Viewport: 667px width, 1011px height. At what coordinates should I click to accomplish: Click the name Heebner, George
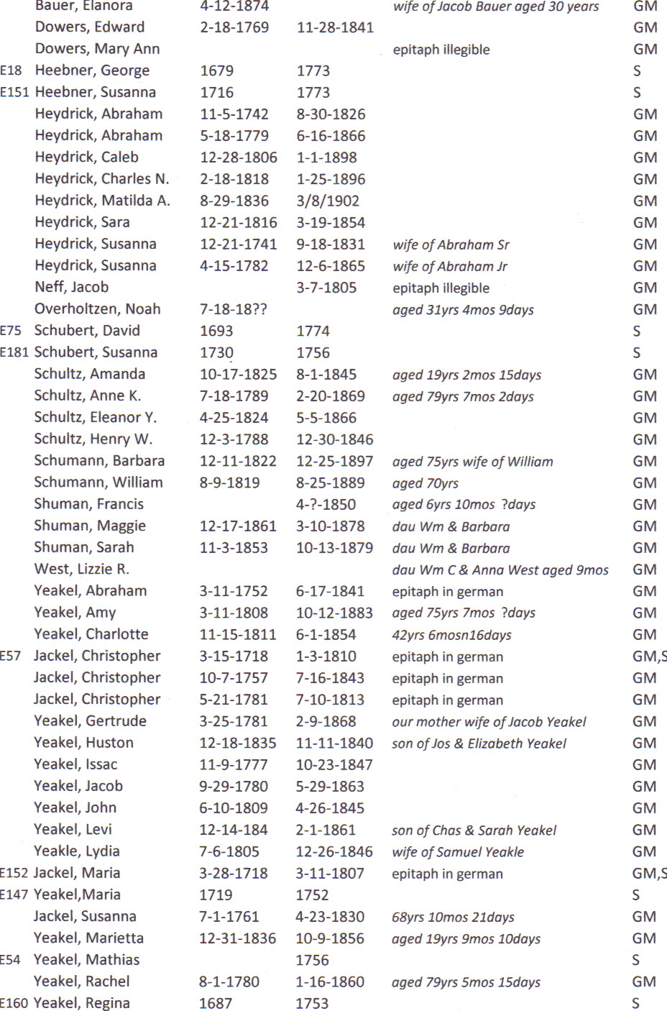point(92,70)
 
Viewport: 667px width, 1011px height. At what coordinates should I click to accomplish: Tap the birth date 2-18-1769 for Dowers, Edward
point(234,27)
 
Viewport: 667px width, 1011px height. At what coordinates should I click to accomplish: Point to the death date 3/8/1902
point(328,201)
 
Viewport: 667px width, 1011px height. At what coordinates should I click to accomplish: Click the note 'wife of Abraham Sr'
point(451,244)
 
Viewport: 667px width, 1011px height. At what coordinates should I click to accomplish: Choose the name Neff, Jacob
point(71,287)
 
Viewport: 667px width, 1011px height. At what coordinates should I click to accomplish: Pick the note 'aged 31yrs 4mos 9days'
point(463,310)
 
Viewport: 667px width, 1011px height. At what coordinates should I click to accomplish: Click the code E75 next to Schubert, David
point(11,331)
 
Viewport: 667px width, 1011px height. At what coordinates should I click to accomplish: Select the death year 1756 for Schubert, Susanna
point(313,353)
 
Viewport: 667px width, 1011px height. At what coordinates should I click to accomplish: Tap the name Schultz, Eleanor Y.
point(95,417)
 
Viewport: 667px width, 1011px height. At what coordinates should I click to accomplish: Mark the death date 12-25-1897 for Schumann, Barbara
point(334,461)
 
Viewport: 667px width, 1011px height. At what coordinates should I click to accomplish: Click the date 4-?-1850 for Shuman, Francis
point(326,504)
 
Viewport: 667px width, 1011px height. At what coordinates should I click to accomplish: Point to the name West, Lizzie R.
point(81,569)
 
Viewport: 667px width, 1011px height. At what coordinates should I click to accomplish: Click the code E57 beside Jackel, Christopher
point(11,656)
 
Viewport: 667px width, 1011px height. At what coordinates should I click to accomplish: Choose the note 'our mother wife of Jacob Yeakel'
point(489,721)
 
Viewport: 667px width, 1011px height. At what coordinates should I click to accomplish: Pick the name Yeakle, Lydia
point(76,851)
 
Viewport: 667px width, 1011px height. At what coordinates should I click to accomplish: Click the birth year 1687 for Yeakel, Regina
point(216,1003)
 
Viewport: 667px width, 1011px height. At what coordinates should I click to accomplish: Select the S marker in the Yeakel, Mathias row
point(635,960)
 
